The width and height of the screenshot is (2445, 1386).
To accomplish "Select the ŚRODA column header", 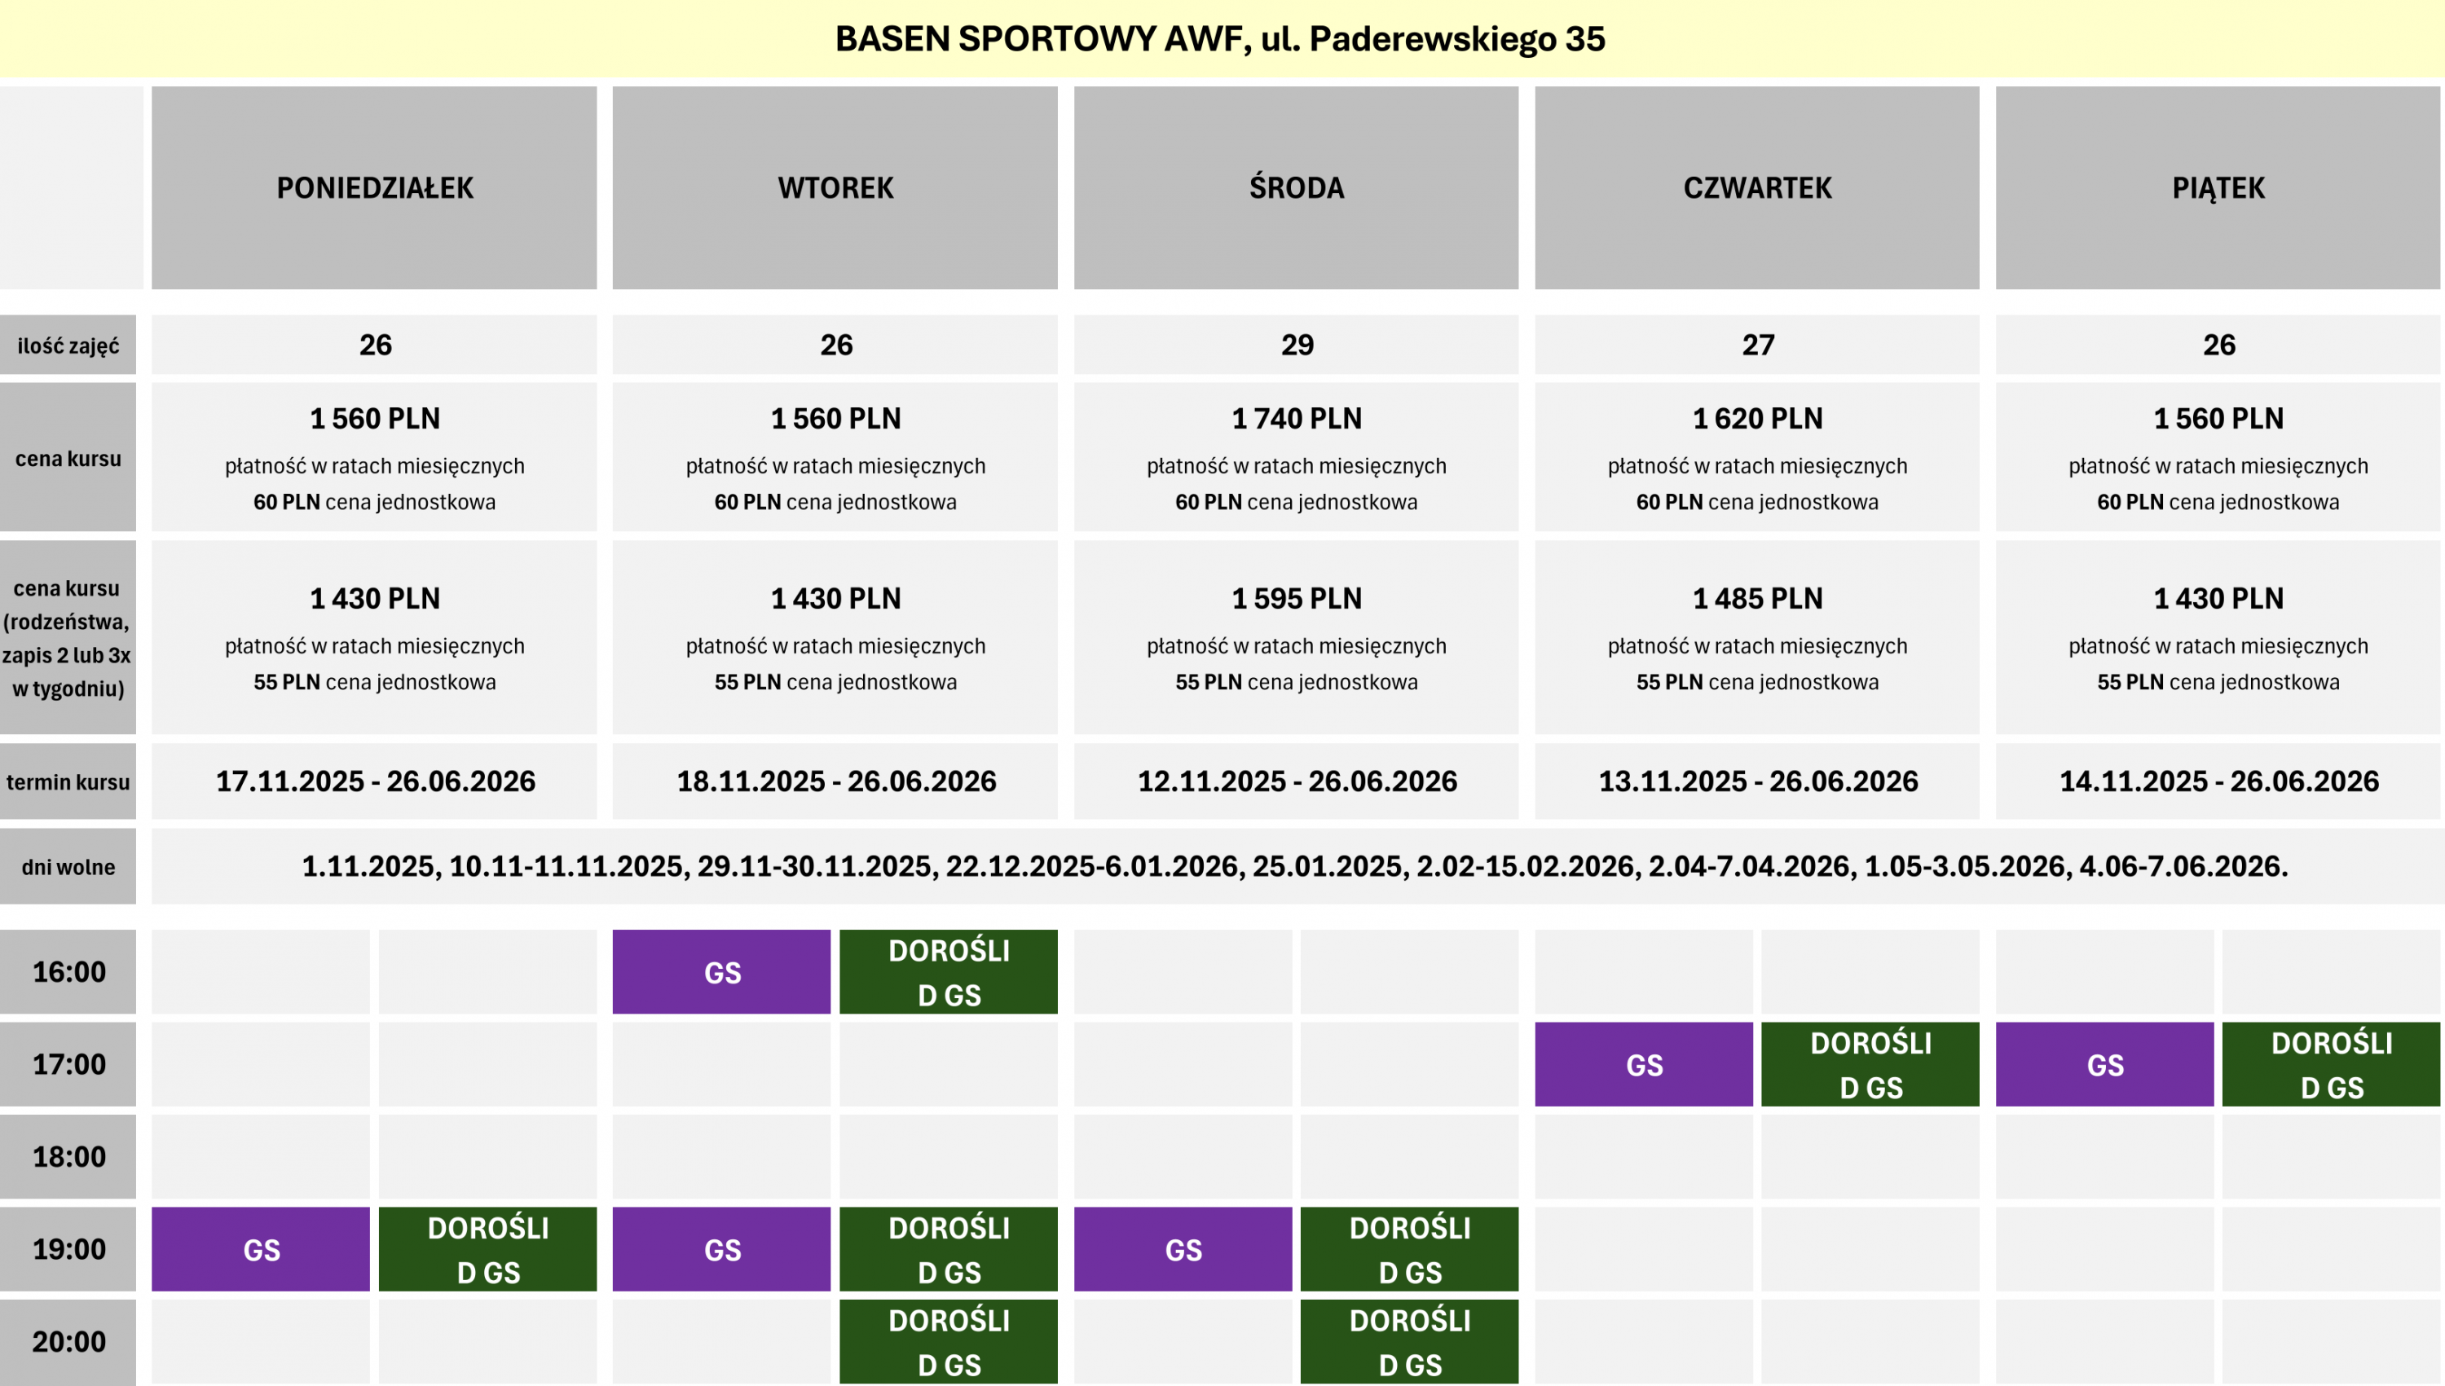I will (x=1296, y=187).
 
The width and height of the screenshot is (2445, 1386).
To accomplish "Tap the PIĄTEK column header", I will (x=2218, y=187).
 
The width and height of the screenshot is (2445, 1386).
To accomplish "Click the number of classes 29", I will (x=1296, y=345).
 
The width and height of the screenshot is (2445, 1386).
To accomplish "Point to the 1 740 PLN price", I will (x=1296, y=418).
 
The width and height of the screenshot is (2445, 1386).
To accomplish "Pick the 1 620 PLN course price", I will (x=1756, y=418).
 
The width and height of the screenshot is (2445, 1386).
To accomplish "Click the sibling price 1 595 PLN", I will (x=1296, y=598).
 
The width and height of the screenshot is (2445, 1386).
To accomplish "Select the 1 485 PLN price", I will (x=1756, y=598).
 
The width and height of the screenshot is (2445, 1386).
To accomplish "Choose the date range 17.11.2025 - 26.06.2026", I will (x=375, y=781).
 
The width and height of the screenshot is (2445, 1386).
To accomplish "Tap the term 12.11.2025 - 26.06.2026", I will (x=1296, y=781).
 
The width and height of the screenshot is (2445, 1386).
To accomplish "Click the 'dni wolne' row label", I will (x=68, y=866).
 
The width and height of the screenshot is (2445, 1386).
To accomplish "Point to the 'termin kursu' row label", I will (x=68, y=781).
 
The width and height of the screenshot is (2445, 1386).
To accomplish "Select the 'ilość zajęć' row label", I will (x=68, y=345).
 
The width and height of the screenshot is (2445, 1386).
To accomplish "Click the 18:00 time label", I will (x=68, y=1156).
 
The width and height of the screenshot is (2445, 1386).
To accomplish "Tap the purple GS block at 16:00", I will (x=722, y=972).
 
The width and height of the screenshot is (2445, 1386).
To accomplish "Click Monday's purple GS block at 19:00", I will (x=261, y=1249).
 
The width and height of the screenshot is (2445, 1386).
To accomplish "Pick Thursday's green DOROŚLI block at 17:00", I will (x=1870, y=1064).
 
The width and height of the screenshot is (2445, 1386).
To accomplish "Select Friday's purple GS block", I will (x=2104, y=1064).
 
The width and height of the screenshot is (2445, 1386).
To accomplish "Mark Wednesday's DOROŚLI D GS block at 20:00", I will (x=1409, y=1341).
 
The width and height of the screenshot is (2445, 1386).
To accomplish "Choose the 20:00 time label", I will (x=68, y=1341).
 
